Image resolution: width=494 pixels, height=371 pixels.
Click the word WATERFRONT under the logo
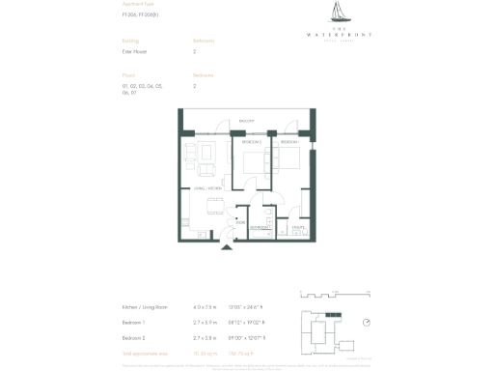[x=343, y=34]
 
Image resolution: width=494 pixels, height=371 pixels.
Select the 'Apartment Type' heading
[x=138, y=5]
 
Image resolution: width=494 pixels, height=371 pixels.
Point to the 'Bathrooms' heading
[x=204, y=41]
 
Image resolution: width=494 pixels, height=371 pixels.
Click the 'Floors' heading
[x=128, y=74]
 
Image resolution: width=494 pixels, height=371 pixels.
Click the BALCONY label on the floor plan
[x=246, y=121]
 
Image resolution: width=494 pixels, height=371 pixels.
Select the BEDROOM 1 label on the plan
[x=290, y=142]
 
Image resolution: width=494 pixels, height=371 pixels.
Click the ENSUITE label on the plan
[x=297, y=228]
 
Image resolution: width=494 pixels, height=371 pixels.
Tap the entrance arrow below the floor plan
[x=228, y=247]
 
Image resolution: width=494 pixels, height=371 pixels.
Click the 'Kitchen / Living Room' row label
[x=145, y=306]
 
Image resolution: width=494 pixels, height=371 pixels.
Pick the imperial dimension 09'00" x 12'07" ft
[x=245, y=338]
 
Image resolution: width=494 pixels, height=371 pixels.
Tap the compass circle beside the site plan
[x=367, y=323]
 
